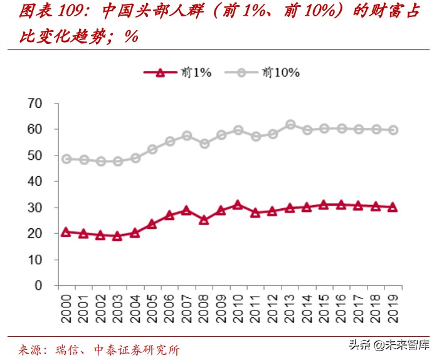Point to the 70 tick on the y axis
click(x=34, y=103)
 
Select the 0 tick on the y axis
click(x=39, y=285)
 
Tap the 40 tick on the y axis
click(x=34, y=181)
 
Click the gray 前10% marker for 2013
click(x=290, y=125)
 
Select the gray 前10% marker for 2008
click(x=204, y=144)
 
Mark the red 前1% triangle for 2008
click(x=204, y=220)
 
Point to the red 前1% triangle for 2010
click(x=238, y=204)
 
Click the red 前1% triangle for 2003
click(x=117, y=236)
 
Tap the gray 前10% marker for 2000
click(x=66, y=159)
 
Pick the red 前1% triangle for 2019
click(x=393, y=207)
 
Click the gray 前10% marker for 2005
click(x=152, y=149)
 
